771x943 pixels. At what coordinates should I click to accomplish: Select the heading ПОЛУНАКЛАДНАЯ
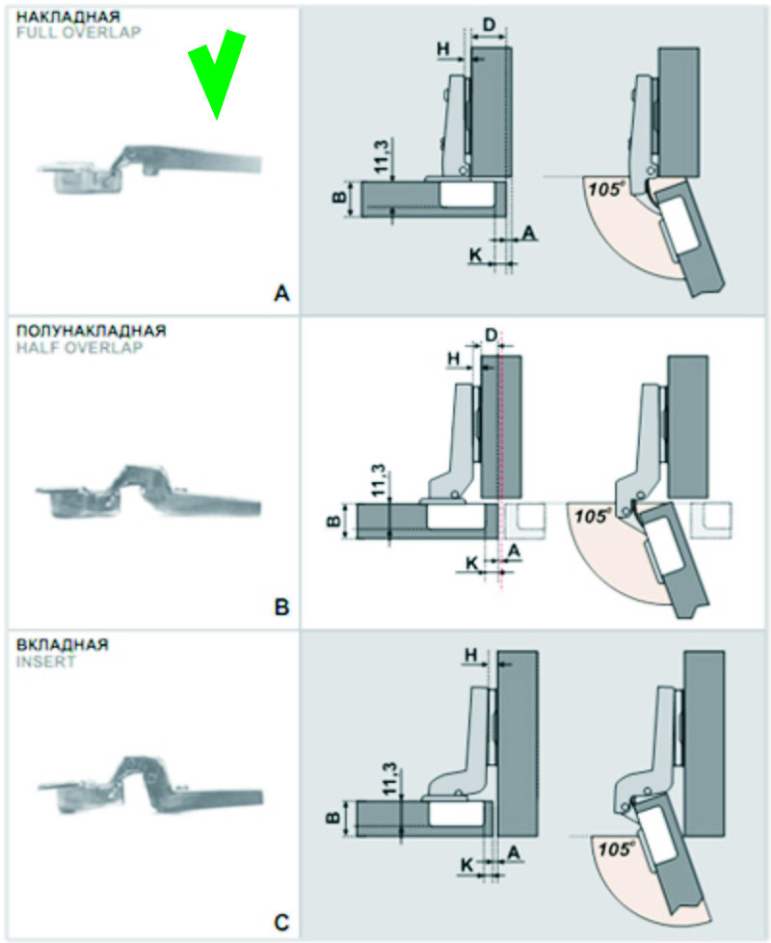pyautogui.click(x=91, y=331)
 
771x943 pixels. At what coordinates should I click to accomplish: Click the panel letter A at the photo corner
pyautogui.click(x=281, y=291)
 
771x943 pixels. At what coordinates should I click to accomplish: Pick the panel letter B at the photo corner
pyautogui.click(x=281, y=606)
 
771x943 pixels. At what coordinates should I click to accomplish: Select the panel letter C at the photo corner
pyautogui.click(x=281, y=922)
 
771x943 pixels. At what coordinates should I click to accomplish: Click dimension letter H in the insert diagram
pyautogui.click(x=472, y=656)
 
